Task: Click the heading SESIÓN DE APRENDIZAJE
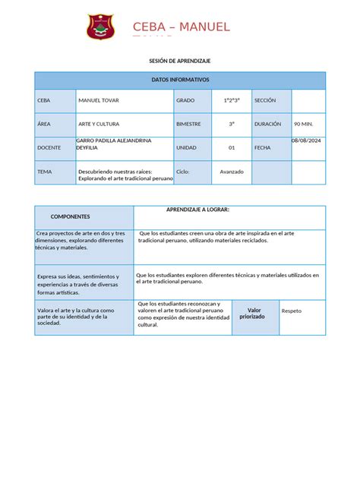pos(180,60)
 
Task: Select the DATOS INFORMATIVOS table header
pos(180,80)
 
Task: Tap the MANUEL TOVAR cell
pos(99,100)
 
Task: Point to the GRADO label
pos(186,100)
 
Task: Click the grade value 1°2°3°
pos(232,100)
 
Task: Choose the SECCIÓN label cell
pos(265,100)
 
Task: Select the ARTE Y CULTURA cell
pos(99,123)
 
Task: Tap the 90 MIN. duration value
pos(304,123)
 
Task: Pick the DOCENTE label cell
pos(49,148)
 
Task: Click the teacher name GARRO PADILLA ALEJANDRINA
pos(113,141)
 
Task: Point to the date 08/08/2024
pos(307,141)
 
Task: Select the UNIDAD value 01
pos(232,148)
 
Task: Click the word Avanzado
pos(232,172)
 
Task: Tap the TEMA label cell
pos(45,172)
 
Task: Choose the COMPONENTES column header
pos(70,216)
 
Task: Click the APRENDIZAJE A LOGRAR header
pos(197,209)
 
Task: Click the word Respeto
pos(292,311)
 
